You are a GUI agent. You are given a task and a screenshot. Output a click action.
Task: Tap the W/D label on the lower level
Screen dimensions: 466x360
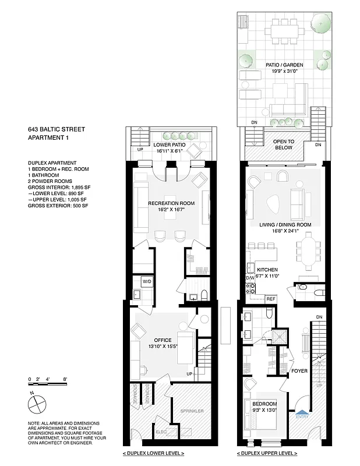coord(147,281)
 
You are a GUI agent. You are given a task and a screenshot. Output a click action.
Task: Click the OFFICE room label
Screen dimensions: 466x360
coord(163,340)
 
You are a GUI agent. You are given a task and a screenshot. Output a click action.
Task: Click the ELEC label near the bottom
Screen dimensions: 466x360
coord(161,433)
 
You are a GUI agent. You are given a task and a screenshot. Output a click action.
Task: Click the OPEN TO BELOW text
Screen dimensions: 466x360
coord(283,144)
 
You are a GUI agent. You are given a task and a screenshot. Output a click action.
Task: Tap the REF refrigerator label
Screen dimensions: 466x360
coord(270,298)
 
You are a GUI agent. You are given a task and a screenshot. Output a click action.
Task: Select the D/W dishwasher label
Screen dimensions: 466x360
coord(250,278)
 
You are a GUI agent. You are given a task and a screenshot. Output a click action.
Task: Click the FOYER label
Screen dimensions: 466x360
coord(299,370)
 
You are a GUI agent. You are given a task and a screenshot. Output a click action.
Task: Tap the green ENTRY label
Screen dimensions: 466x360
coord(302,416)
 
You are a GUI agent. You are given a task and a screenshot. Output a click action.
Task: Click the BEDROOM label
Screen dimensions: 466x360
coord(264,404)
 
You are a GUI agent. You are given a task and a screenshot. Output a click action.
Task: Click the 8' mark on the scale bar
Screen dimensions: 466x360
coord(66,379)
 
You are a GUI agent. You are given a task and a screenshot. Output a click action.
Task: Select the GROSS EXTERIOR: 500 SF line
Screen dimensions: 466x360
coord(57,206)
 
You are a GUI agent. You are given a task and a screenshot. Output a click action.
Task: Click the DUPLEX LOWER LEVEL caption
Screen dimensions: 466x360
coord(154,453)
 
